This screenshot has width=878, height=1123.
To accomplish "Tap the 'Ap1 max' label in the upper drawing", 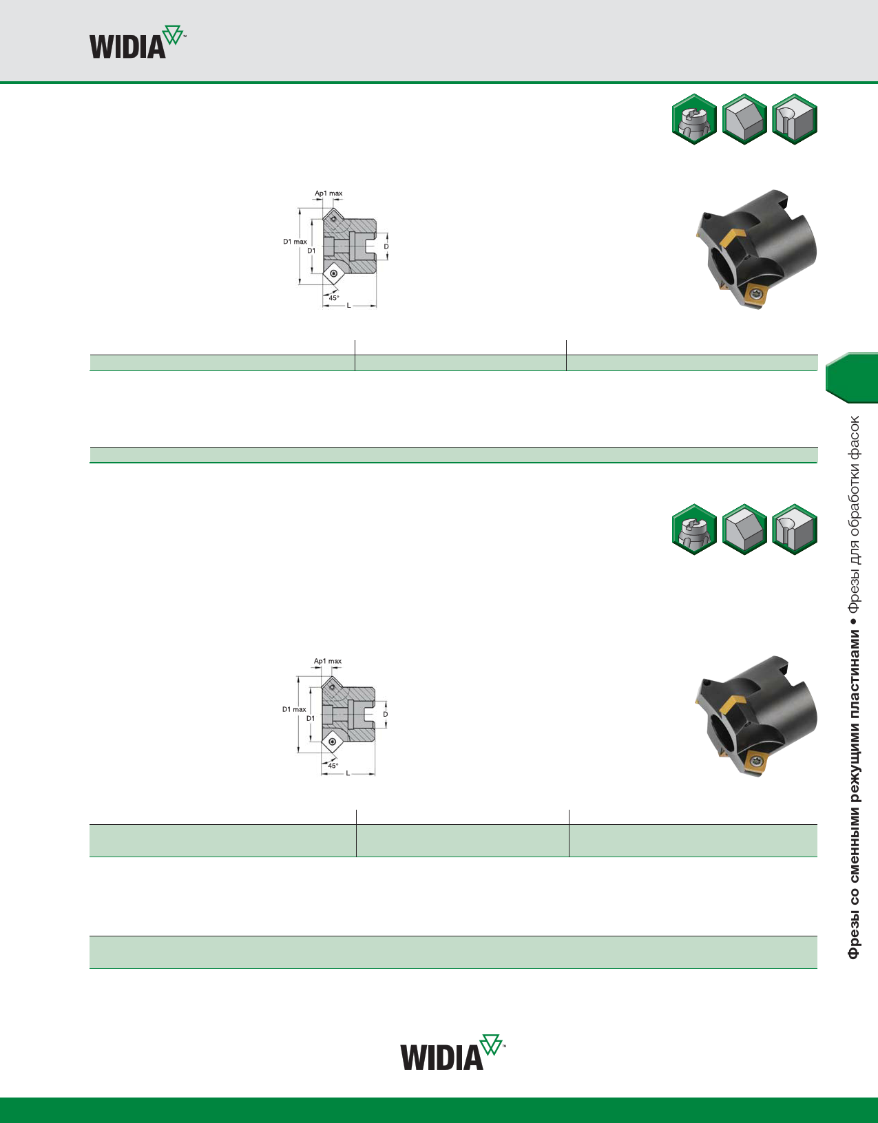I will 328,193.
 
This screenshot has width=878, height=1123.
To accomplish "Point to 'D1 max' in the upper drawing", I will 295,242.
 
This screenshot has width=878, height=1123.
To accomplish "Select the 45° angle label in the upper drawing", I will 334,298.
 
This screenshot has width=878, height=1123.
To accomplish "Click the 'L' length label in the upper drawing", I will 348,305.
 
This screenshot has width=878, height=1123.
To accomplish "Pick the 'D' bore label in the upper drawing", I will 386,246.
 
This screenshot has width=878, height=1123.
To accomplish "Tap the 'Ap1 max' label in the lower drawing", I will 328,661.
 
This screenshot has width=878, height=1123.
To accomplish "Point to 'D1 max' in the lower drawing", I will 294,709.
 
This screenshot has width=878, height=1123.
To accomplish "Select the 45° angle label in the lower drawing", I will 333,766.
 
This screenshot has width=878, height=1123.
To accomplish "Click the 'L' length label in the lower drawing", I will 348,773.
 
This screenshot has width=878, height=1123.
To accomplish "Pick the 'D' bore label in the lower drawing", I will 386,714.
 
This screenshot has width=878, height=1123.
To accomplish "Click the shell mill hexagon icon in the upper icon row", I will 695,119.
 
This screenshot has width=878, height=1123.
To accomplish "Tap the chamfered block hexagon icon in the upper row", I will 744,119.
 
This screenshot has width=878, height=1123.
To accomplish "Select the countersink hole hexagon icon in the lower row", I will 795,529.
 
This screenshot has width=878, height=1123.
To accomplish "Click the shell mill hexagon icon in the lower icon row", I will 695,529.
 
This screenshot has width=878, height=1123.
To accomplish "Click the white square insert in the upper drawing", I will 334,274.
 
